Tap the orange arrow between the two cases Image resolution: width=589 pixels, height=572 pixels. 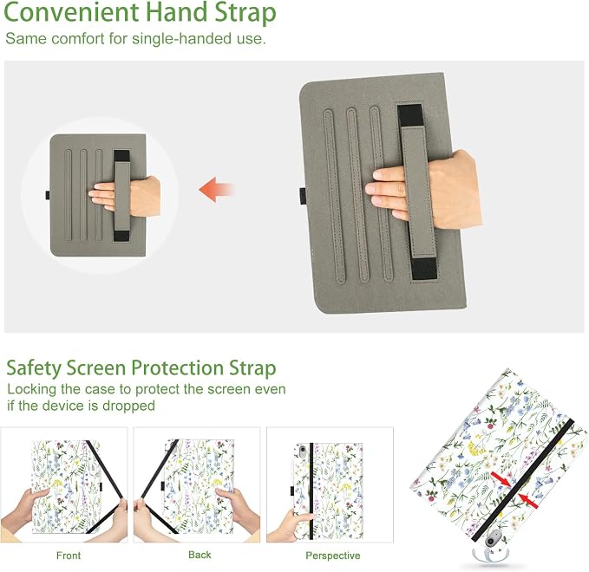point(217,190)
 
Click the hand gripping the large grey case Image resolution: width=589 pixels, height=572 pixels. point(423,189)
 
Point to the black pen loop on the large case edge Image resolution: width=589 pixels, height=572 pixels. point(303,196)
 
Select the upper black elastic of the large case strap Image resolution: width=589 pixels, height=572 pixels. point(410,116)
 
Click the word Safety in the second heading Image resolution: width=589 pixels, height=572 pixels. point(34,368)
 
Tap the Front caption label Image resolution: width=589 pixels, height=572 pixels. point(69,556)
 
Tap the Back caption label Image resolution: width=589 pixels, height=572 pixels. point(200,555)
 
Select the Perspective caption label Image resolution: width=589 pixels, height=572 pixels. point(333,556)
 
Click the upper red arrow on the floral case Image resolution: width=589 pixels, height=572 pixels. point(501,479)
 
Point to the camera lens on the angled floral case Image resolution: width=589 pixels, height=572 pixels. point(491,541)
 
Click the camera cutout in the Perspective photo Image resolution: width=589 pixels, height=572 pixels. point(302,449)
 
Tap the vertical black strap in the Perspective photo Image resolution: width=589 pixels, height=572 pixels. point(311,491)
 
